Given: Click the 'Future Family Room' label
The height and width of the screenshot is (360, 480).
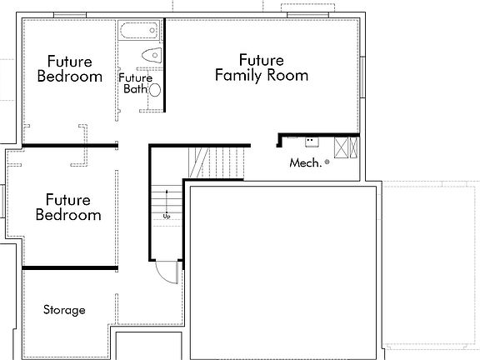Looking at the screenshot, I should click(x=261, y=67).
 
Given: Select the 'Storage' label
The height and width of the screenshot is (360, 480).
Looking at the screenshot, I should click(x=64, y=310).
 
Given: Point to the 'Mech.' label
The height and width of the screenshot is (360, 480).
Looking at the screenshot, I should click(x=305, y=163).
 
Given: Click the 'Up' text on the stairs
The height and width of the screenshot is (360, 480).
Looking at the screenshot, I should click(x=167, y=216).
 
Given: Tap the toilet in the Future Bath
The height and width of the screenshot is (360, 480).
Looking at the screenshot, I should click(x=151, y=55).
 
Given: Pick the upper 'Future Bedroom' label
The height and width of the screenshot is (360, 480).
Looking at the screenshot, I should click(x=70, y=68).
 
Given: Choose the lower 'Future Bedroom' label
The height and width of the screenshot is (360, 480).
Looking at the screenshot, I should click(x=69, y=207).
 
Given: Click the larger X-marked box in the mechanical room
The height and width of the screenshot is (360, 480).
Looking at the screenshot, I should click(x=341, y=148).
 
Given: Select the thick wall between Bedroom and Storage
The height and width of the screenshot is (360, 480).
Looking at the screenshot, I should click(x=70, y=267).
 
